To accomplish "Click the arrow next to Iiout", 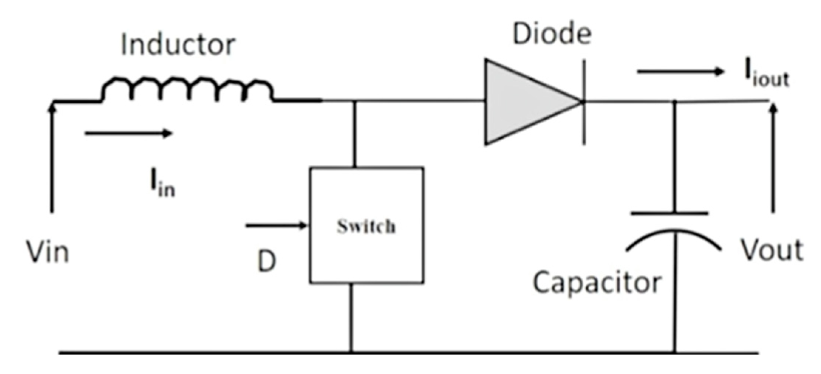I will (680, 71).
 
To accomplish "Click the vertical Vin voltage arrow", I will (52, 159).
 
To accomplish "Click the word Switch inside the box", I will (366, 226).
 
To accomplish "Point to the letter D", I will (266, 261).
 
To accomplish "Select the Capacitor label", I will (596, 283).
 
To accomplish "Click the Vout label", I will (772, 250).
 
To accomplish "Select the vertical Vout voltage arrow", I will (773, 159).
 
